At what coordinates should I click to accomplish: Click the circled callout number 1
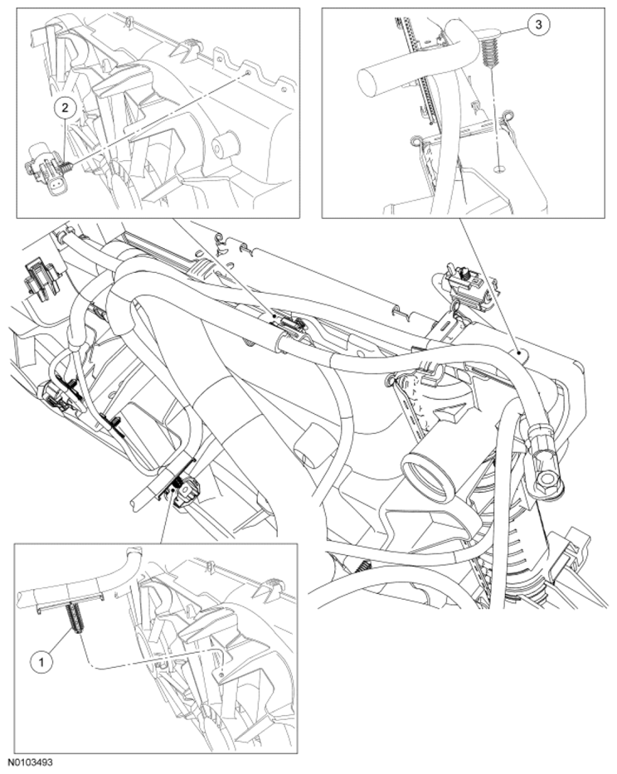pos(41,661)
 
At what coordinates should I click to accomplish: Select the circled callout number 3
pos(538,24)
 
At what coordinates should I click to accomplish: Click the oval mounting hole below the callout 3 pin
pos(499,168)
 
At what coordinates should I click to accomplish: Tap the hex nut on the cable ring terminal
pos(547,478)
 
